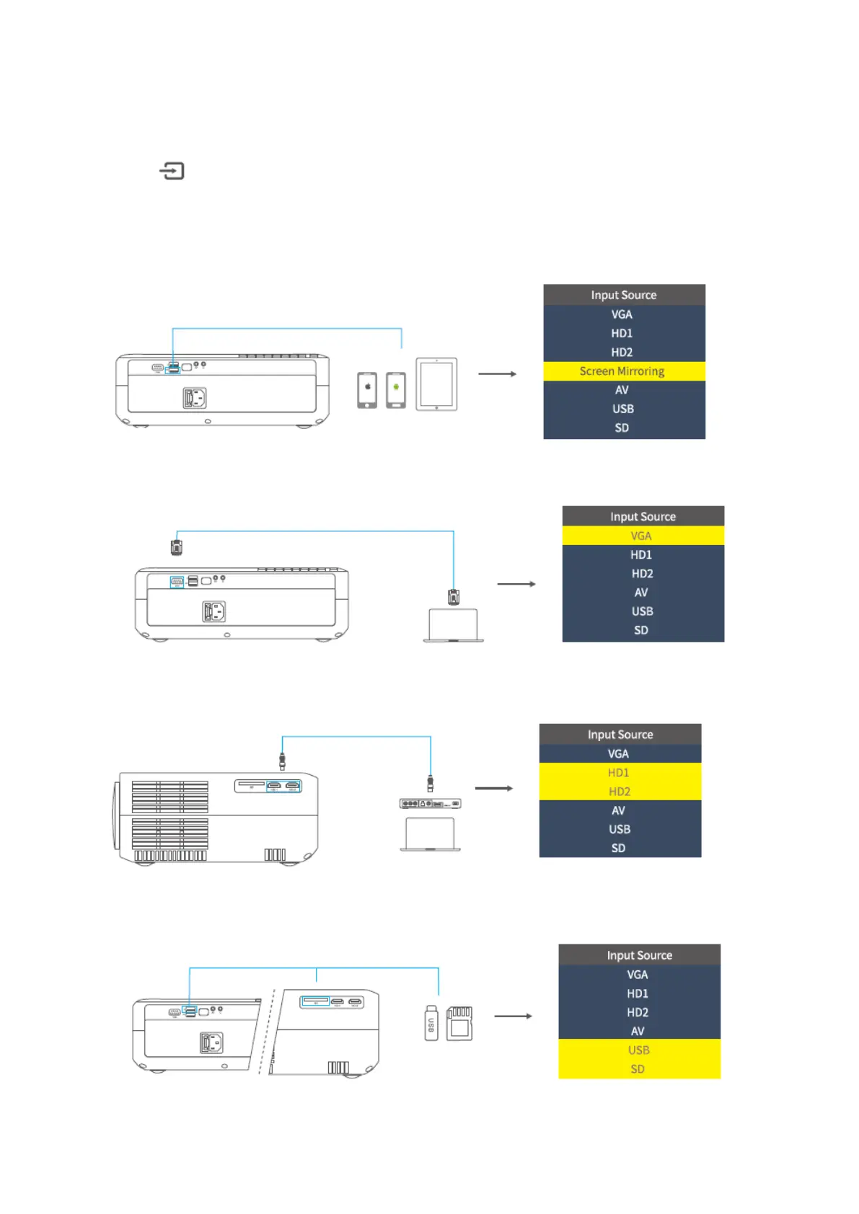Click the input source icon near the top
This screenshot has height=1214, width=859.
172,171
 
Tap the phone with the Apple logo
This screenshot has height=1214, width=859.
367,390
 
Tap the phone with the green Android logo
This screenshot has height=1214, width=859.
396,390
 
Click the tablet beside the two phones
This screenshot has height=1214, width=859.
436,384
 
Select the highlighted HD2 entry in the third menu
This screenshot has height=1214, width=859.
620,792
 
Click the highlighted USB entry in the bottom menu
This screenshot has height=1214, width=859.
639,1050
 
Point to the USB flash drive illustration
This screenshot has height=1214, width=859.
431,1023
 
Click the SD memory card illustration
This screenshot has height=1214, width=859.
459,1024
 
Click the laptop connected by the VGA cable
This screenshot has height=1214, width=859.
453,625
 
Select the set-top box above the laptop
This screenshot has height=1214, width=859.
430,803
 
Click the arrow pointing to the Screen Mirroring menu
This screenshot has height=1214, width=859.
498,374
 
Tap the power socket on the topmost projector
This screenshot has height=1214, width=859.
195,398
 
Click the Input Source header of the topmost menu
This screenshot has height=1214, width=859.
624,295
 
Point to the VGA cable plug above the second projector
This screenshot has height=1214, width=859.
177,547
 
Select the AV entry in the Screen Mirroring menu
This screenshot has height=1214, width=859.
622,390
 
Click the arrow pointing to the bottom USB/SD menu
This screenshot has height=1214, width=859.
514,1016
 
